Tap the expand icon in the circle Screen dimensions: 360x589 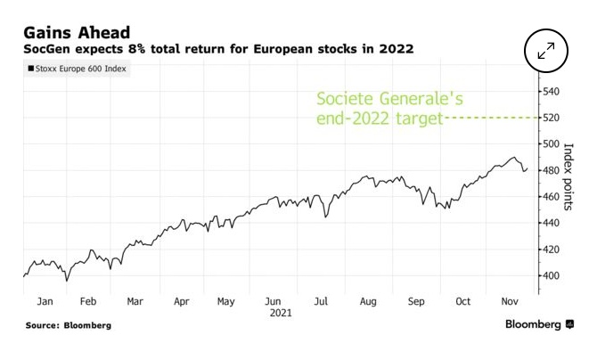click(546, 50)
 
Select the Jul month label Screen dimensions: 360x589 click(320, 301)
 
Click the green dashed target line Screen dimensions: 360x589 click(490, 118)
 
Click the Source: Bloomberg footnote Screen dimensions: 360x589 click(69, 325)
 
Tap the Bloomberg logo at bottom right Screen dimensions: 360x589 click(539, 324)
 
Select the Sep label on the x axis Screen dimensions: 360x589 click(417, 301)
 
